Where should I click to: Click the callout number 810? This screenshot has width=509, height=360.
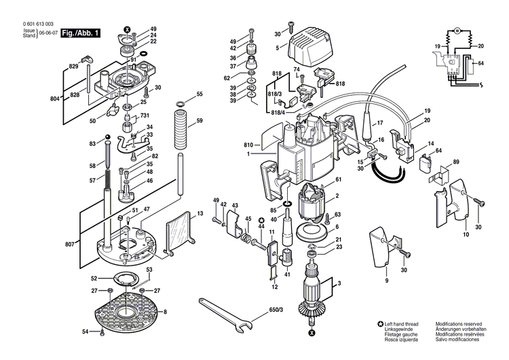click(x=248, y=145)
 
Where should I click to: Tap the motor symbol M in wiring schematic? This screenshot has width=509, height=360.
click(x=458, y=31)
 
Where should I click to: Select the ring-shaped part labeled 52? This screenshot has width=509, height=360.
click(x=126, y=278)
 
